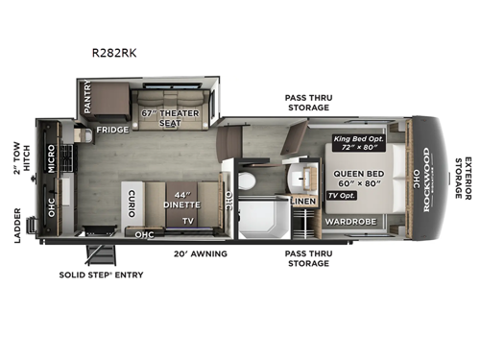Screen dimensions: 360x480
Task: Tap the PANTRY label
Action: [86, 97]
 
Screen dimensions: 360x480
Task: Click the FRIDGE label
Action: [113, 128]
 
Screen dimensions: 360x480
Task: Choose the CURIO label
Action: [130, 203]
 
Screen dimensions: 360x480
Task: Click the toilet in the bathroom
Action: [246, 180]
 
